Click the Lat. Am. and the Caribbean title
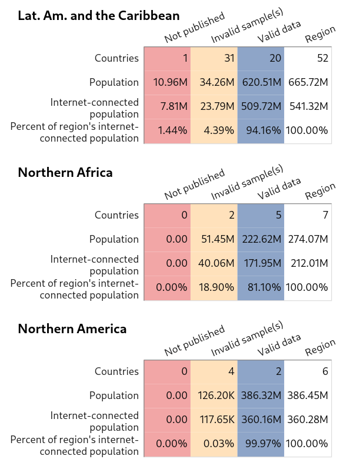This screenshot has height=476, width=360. (x=99, y=16)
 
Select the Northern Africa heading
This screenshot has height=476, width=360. (x=65, y=172)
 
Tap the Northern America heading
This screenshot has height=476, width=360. (x=72, y=328)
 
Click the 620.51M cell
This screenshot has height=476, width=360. (x=261, y=82)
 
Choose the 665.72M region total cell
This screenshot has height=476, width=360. (x=308, y=82)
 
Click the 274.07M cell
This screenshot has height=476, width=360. (x=308, y=239)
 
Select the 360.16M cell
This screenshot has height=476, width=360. (x=262, y=420)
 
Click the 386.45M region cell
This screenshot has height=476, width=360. (x=308, y=395)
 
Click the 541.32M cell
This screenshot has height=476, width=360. (x=308, y=106)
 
